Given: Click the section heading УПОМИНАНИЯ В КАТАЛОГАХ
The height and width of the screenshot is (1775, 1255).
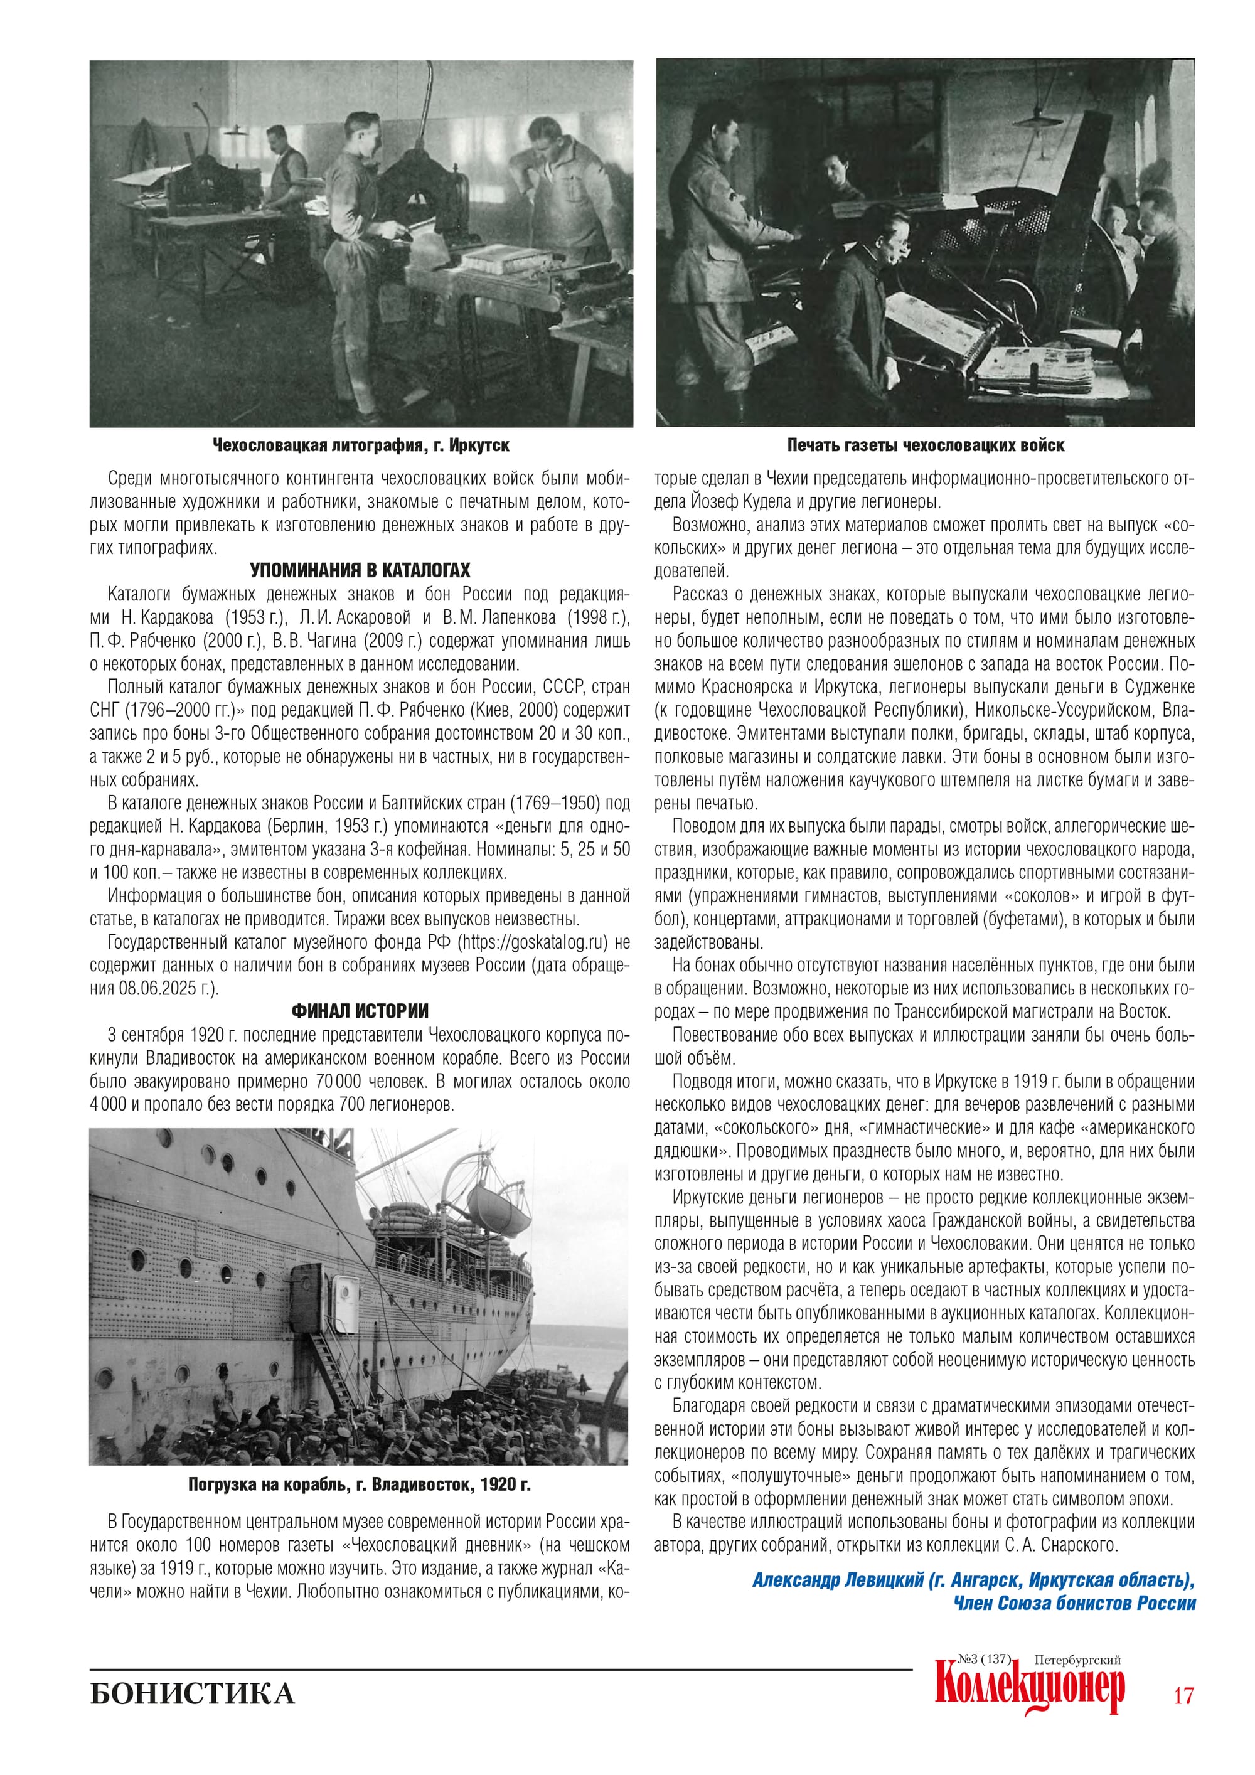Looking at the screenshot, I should [x=360, y=570].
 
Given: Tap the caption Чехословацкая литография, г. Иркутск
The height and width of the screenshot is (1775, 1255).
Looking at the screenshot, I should [x=360, y=445].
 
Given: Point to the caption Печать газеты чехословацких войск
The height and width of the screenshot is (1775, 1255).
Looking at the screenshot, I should [x=925, y=445].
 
